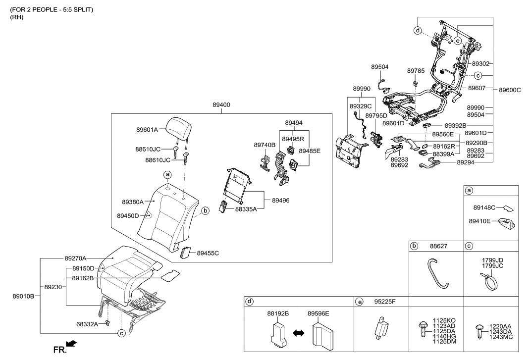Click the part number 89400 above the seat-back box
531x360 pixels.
click(221, 105)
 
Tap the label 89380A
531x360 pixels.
click(132, 202)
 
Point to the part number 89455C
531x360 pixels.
click(208, 253)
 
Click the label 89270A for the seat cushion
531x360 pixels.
click(75, 258)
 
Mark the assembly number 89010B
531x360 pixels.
click(23, 296)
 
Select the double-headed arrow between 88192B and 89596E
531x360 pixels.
click(298, 334)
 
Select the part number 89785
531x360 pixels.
click(416, 71)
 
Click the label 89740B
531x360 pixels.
click(265, 145)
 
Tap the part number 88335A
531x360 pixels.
click(246, 209)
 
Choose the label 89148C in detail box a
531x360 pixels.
click(484, 208)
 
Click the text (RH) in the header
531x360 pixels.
click(17, 17)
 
